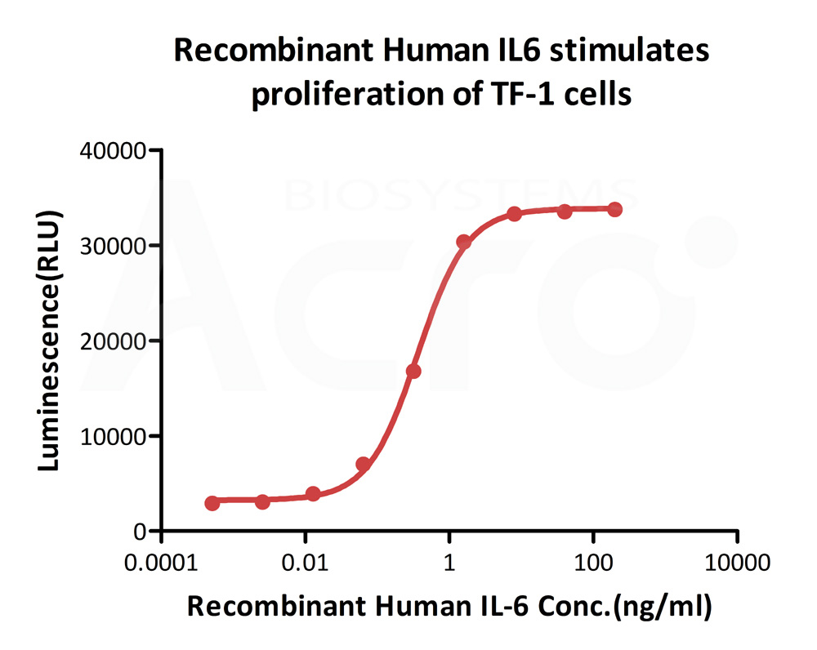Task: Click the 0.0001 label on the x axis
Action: coord(161,563)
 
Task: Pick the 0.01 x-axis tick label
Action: coord(305,563)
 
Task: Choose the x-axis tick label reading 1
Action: coord(449,563)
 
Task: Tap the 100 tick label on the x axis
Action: coord(592,563)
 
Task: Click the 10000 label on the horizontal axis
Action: coord(737,563)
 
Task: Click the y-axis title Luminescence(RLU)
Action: coord(51,341)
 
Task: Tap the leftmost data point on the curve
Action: coord(212,503)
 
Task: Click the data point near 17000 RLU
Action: coord(413,371)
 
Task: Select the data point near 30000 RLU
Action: coord(464,242)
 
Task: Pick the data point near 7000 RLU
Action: coord(364,465)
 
